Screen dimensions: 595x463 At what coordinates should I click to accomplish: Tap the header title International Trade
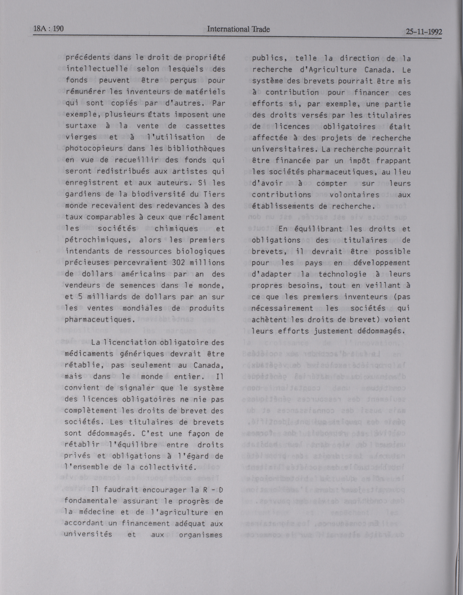click(x=238, y=29)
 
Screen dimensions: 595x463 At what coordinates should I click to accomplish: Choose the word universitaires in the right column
click(x=285, y=149)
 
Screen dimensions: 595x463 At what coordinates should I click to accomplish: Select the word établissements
click(x=283, y=206)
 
